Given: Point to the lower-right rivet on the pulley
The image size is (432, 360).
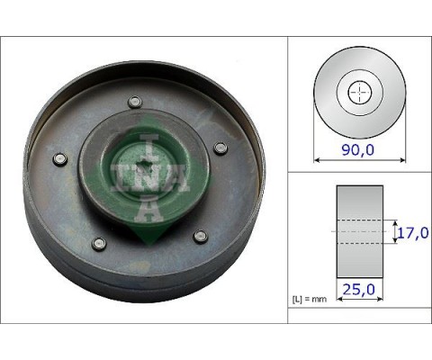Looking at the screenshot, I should (201, 237).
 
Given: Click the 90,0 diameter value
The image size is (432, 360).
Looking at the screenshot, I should (357, 149).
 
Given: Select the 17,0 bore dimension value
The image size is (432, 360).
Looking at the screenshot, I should (411, 231).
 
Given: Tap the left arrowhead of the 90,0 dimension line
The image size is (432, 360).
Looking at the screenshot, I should (316, 159).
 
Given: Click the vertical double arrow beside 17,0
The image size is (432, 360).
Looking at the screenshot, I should (393, 231).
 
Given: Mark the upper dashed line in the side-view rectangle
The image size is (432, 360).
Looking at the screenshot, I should (359, 220).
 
